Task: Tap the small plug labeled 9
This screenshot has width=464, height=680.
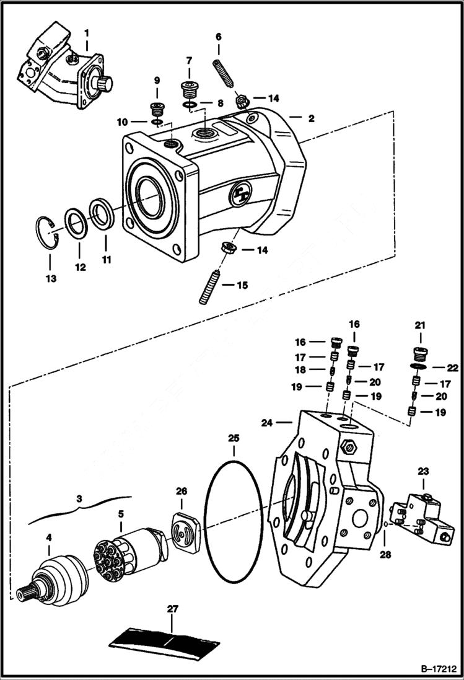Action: coord(155,112)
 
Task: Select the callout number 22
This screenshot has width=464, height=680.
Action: coord(452,368)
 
